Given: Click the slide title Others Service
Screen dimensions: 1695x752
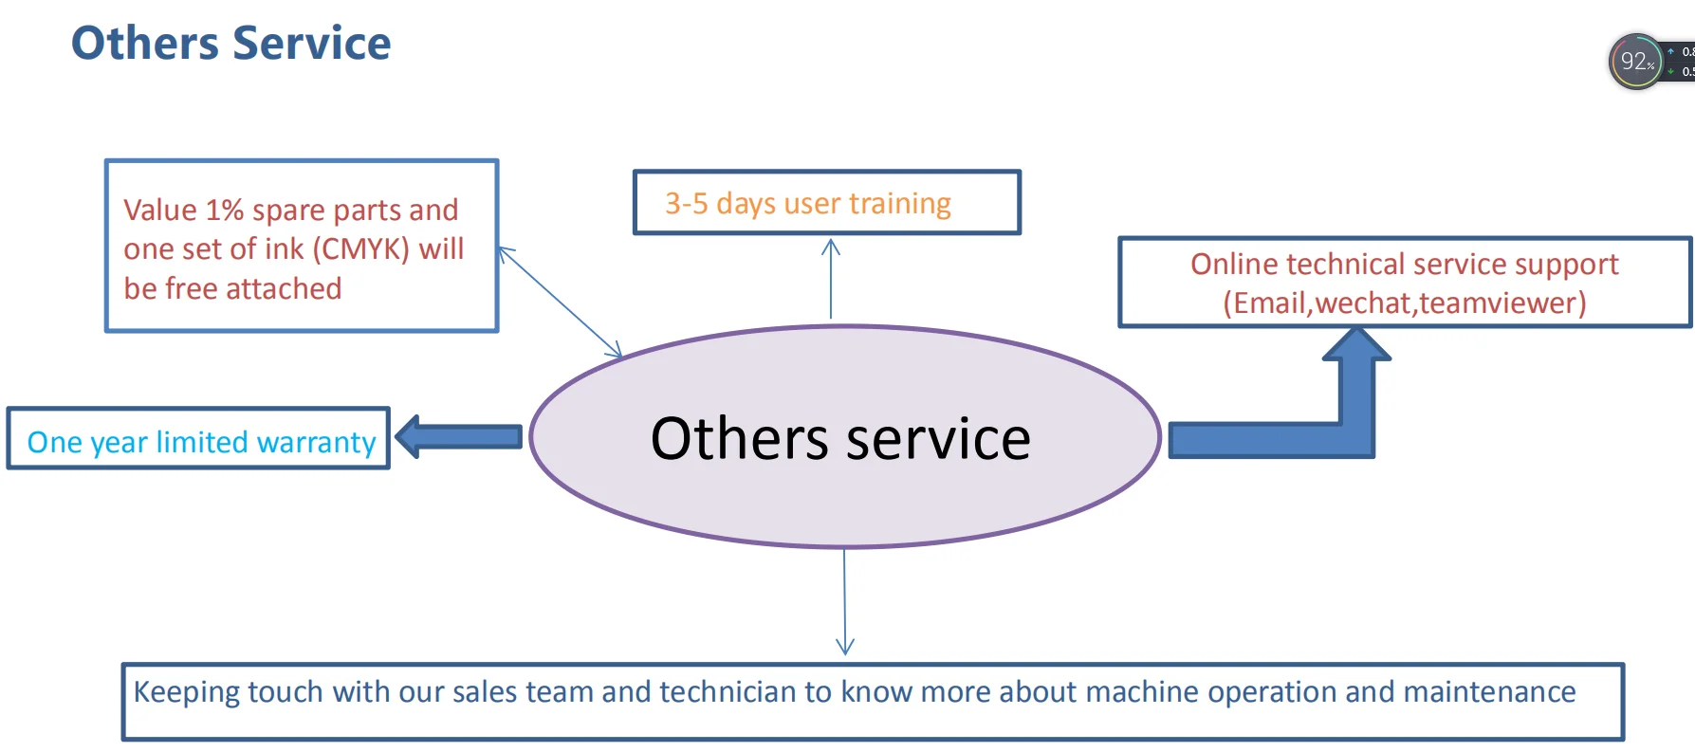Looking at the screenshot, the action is click(230, 44).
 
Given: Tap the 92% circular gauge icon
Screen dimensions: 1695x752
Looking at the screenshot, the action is click(1636, 62).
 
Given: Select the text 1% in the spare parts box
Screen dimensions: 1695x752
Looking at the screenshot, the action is click(225, 210).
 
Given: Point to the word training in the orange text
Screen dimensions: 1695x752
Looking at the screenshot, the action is click(900, 204).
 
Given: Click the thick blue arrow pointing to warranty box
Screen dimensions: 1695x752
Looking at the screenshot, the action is click(459, 437).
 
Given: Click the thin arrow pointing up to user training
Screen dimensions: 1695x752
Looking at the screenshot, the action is click(831, 279).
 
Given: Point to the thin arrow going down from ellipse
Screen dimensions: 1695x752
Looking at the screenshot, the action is click(844, 601).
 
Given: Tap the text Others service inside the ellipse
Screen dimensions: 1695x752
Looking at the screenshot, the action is click(840, 438).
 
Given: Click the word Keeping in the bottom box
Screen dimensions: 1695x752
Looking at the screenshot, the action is click(187, 692).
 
